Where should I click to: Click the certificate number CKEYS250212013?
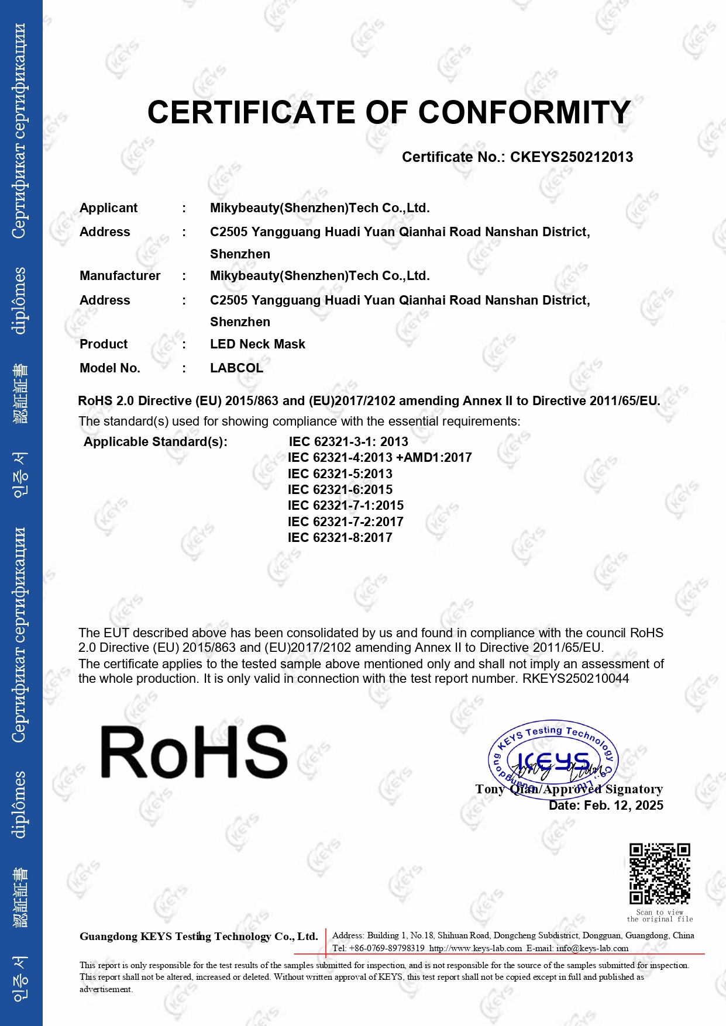[571, 157]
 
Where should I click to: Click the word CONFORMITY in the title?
[524, 112]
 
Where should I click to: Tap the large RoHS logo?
[194, 752]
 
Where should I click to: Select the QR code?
[659, 873]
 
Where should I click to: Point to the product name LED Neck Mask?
[257, 344]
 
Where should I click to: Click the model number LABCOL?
[236, 368]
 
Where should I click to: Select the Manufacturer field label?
[120, 276]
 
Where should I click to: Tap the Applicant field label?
[108, 208]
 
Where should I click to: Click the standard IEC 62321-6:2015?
[340, 490]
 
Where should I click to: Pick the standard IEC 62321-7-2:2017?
[345, 522]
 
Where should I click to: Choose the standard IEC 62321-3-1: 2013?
[348, 442]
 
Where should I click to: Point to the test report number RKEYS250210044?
[576, 679]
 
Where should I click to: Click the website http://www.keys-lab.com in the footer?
[475, 948]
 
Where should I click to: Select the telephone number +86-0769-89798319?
[386, 948]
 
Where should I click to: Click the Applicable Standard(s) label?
[155, 442]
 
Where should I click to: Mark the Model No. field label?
[110, 368]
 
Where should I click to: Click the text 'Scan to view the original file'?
[659, 916]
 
